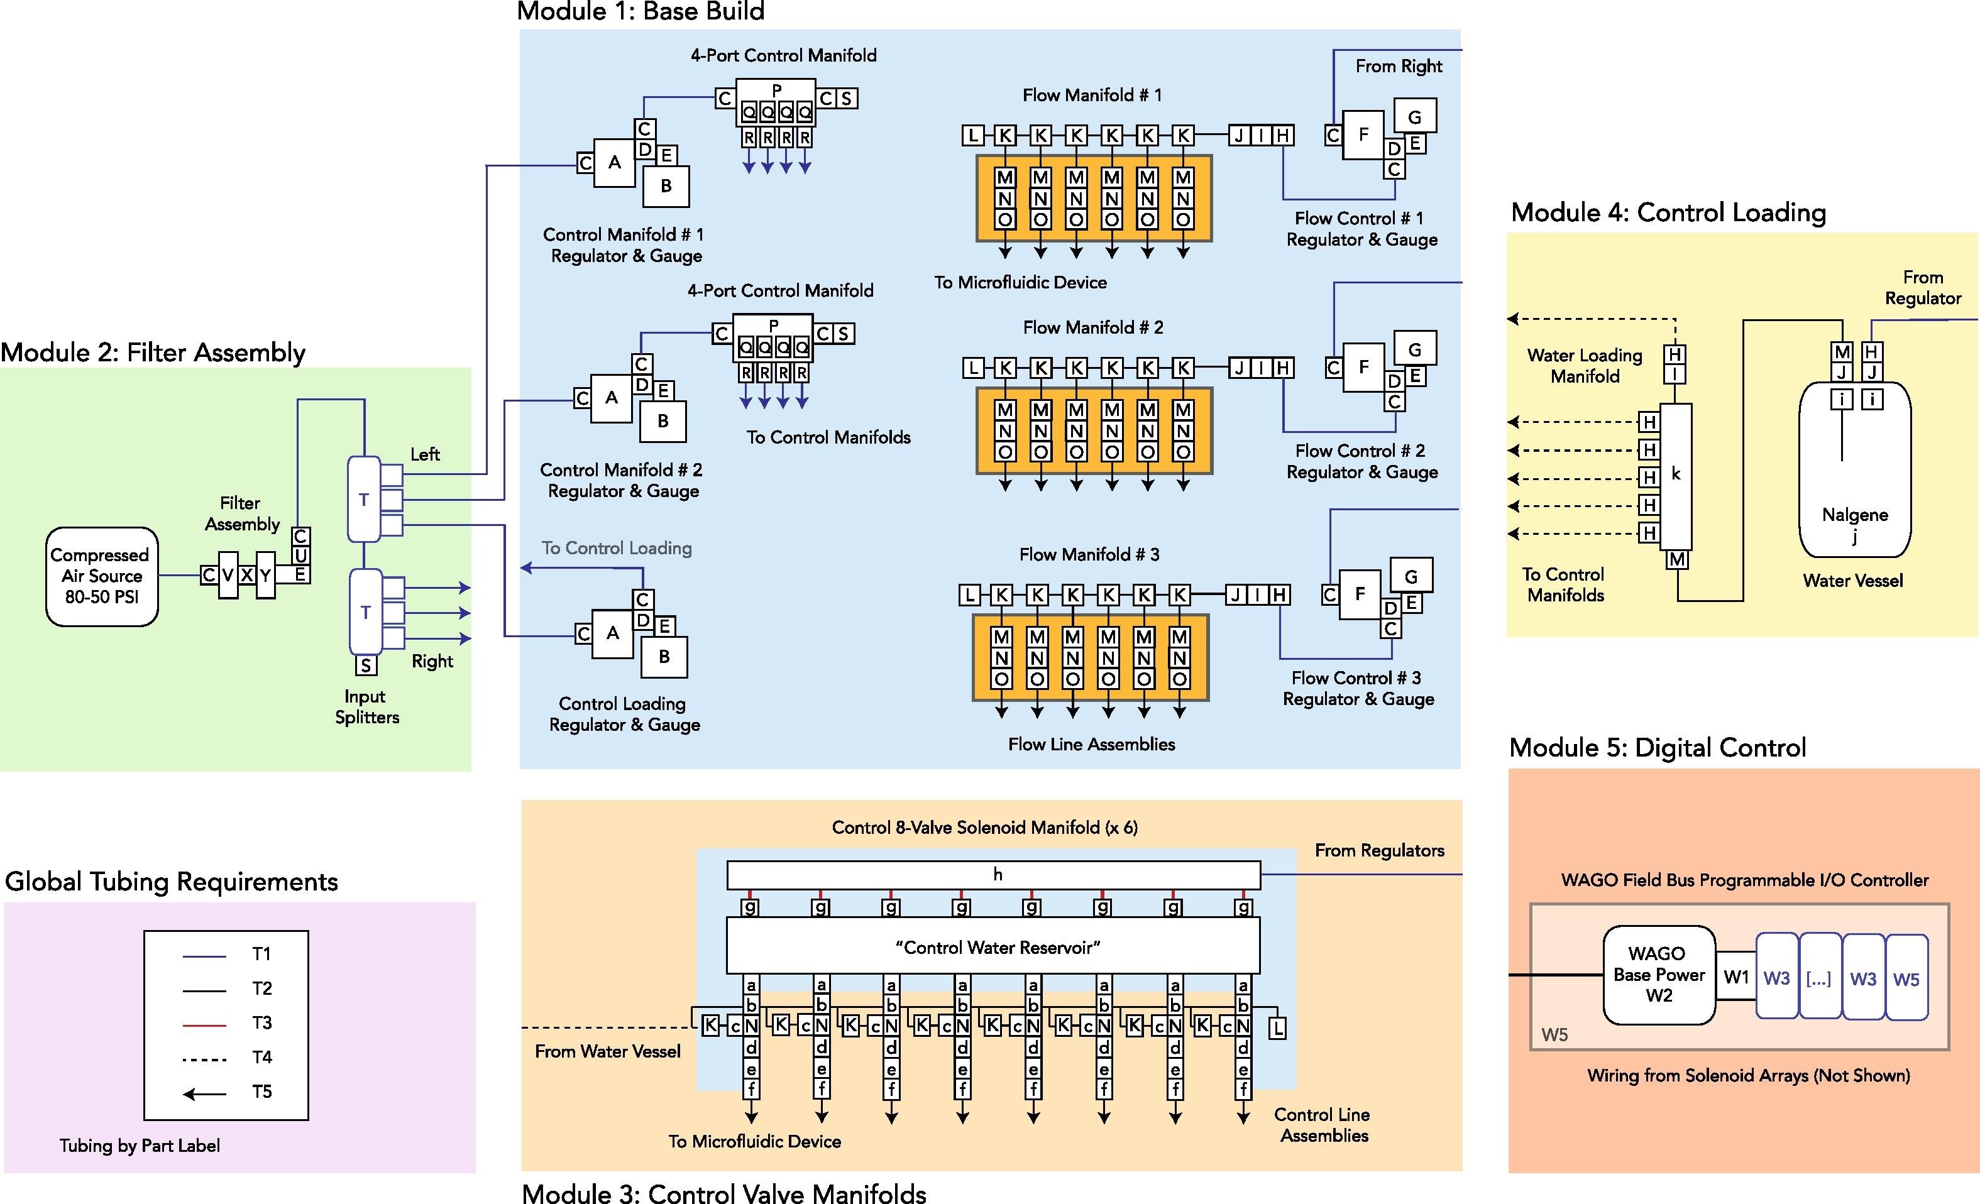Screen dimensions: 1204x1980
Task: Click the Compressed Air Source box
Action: [101, 576]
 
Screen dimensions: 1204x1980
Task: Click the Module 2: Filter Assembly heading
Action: [153, 353]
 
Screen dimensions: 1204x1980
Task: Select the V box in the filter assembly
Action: [228, 575]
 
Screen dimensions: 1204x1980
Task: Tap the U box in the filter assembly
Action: [300, 555]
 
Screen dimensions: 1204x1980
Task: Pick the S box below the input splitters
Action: [366, 665]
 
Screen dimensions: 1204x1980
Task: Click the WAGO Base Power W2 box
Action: [1659, 974]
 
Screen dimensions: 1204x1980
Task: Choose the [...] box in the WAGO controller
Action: [1819, 978]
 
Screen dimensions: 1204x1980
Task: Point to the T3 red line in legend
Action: [204, 1024]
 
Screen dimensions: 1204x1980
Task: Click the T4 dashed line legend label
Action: [262, 1058]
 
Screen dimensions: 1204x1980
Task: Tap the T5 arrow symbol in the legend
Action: [204, 1093]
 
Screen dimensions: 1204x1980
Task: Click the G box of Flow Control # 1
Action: [1414, 116]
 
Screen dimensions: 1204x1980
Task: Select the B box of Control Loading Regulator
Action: [664, 656]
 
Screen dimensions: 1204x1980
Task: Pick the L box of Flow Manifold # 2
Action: [974, 368]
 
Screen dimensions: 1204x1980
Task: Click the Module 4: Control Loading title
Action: [1668, 213]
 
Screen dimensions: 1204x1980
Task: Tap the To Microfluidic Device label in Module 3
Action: [754, 1141]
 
